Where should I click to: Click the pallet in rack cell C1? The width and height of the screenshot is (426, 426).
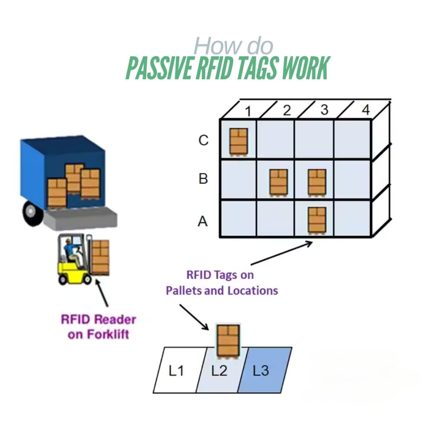tap(239, 141)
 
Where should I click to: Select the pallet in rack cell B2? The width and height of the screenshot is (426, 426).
tap(279, 182)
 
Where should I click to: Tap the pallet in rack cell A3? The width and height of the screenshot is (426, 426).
tap(317, 220)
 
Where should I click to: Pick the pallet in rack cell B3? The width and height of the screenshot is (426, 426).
tap(317, 182)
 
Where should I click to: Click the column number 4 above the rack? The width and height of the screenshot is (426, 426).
tap(366, 110)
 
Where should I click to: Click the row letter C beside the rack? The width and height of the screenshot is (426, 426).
tap(204, 140)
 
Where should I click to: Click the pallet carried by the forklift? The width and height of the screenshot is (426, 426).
tap(101, 257)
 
